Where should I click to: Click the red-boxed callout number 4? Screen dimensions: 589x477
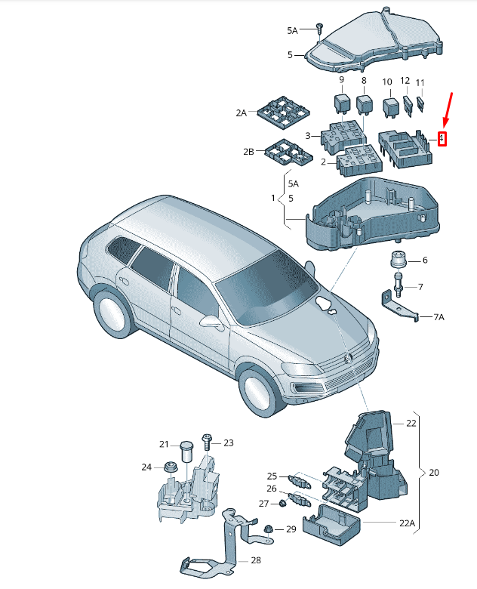pyautogui.click(x=443, y=139)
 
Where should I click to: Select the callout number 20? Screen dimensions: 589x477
pyautogui.click(x=434, y=473)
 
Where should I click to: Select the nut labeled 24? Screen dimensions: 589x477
pyautogui.click(x=169, y=467)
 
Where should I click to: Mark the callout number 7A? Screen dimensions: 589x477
pyautogui.click(x=439, y=317)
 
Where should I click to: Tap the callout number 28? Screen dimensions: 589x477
pyautogui.click(x=256, y=560)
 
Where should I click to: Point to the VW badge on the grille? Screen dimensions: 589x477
pyautogui.click(x=349, y=357)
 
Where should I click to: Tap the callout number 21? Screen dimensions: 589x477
pyautogui.click(x=164, y=444)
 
